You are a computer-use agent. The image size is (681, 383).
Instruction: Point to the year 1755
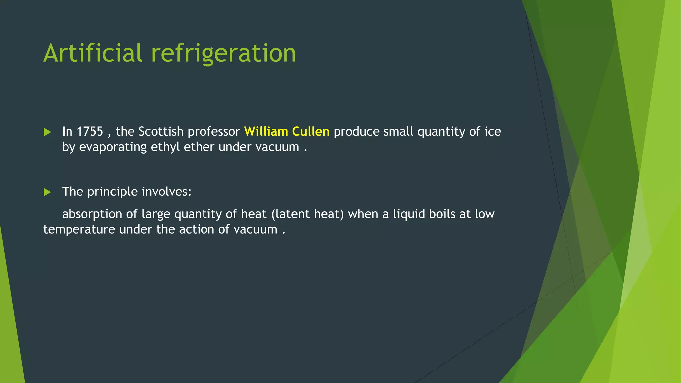click(90, 132)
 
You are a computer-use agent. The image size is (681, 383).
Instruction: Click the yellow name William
click(266, 132)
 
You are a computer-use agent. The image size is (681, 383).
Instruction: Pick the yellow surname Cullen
click(311, 132)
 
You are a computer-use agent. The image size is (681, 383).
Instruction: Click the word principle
click(112, 192)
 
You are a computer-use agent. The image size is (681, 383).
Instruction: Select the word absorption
click(92, 214)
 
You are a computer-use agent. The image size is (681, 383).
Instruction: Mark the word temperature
click(79, 230)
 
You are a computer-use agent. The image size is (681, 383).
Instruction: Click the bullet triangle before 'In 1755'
click(47, 132)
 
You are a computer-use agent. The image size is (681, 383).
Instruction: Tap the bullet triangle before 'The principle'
click(47, 192)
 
